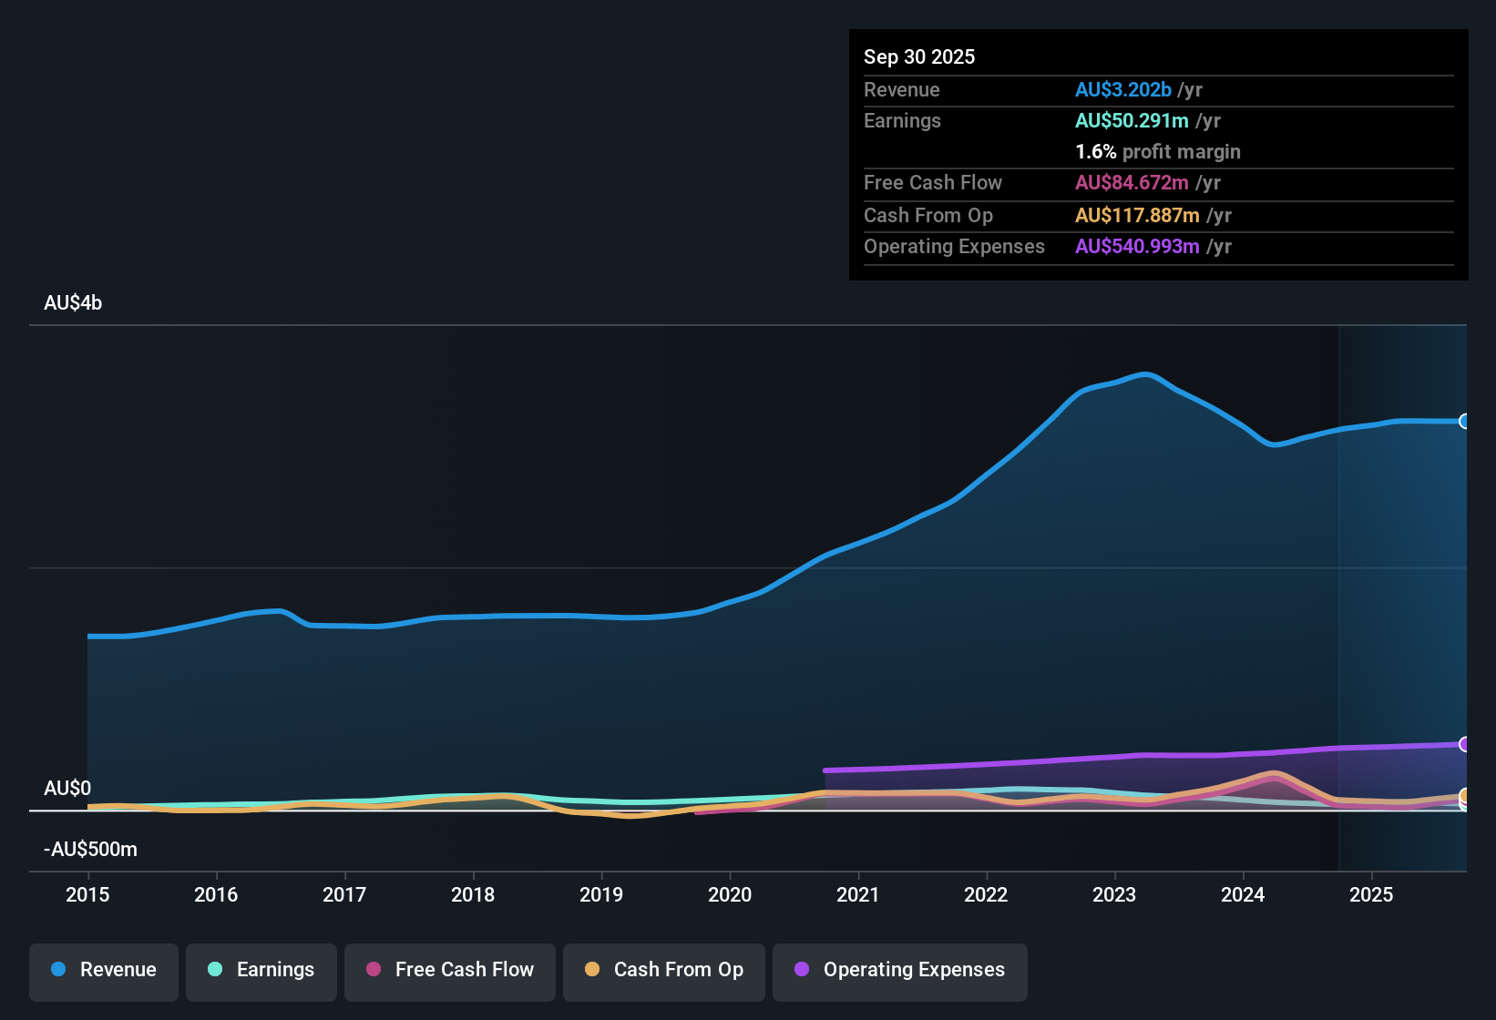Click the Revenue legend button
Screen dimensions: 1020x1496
click(x=104, y=970)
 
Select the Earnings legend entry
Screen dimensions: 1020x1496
click(x=261, y=970)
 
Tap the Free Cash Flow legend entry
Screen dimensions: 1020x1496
click(x=450, y=970)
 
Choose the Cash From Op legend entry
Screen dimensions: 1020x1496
click(x=664, y=970)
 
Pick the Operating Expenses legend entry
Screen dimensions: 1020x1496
click(x=900, y=970)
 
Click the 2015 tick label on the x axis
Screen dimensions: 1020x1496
click(x=87, y=895)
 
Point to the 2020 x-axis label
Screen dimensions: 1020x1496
click(x=730, y=895)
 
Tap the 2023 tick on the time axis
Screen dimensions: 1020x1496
click(x=1114, y=895)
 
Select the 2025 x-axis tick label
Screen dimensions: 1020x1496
click(x=1371, y=895)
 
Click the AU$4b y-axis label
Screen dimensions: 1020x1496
click(x=73, y=303)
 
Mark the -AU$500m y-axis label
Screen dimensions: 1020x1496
click(x=91, y=850)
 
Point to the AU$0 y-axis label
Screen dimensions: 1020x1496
click(x=67, y=789)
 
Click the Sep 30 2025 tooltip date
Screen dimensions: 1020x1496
click(x=919, y=57)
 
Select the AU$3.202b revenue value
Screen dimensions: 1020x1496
click(x=1123, y=90)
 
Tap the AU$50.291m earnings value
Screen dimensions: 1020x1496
click(x=1132, y=121)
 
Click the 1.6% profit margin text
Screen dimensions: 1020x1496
click(x=1158, y=152)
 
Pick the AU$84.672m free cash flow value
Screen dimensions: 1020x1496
click(x=1132, y=183)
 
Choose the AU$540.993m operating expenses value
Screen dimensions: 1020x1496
click(x=1137, y=247)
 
